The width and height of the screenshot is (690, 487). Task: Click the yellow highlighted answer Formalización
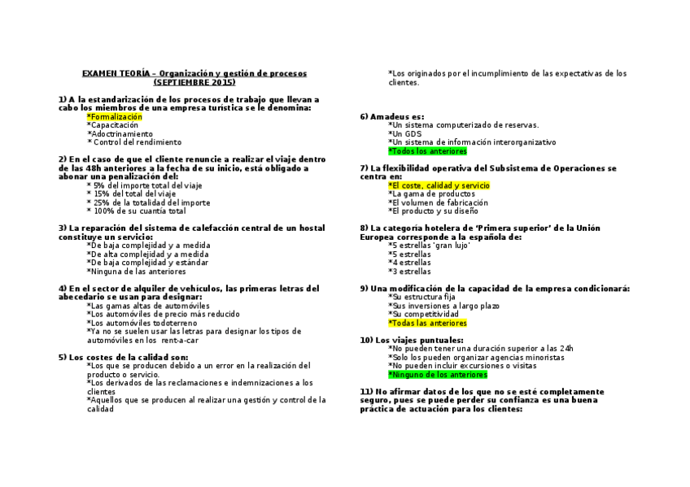coord(115,117)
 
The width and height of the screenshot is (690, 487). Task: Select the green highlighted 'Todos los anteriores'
coord(428,151)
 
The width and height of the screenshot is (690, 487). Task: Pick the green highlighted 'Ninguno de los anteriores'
coord(438,375)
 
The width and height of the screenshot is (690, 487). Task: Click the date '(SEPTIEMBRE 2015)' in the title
coord(194,82)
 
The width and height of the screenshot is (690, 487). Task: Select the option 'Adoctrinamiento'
coord(120,134)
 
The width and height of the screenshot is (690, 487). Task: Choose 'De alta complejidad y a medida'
coord(142,254)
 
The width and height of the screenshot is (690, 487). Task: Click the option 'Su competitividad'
coord(418,314)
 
